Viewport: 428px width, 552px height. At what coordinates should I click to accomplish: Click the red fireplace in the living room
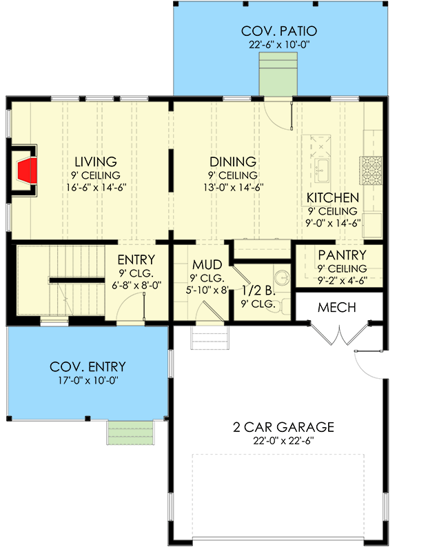pyautogui.click(x=28, y=170)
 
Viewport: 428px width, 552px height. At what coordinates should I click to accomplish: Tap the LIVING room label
pyautogui.click(x=96, y=162)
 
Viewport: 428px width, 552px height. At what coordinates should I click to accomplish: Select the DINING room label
pyautogui.click(x=233, y=162)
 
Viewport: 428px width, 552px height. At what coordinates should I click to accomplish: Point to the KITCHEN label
pyautogui.click(x=333, y=198)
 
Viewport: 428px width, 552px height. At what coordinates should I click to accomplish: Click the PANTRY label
pyautogui.click(x=342, y=255)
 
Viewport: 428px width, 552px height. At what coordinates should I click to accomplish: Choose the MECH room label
pyautogui.click(x=336, y=307)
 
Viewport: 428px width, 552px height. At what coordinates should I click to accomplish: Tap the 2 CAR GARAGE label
pyautogui.click(x=283, y=427)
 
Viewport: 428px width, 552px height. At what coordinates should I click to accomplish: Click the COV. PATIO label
pyautogui.click(x=279, y=31)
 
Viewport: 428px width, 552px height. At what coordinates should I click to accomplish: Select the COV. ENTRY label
pyautogui.click(x=88, y=367)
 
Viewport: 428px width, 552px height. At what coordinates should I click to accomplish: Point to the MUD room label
pyautogui.click(x=207, y=265)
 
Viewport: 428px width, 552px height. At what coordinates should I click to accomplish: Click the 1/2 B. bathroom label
pyautogui.click(x=258, y=290)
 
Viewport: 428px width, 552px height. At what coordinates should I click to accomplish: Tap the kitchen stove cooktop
pyautogui.click(x=371, y=170)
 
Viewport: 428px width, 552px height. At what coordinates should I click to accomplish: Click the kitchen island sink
pyautogui.click(x=321, y=170)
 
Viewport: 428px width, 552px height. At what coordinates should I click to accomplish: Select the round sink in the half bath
pyautogui.click(x=281, y=278)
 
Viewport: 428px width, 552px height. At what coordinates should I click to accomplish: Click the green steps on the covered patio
pyautogui.click(x=278, y=74)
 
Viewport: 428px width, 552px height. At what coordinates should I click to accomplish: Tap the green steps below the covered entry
pyautogui.click(x=131, y=433)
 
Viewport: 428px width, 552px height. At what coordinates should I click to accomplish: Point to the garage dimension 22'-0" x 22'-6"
pyautogui.click(x=283, y=441)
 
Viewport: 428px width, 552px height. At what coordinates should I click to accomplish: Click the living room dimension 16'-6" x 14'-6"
pyautogui.click(x=96, y=187)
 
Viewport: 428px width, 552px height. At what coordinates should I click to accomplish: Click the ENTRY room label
pyautogui.click(x=136, y=260)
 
